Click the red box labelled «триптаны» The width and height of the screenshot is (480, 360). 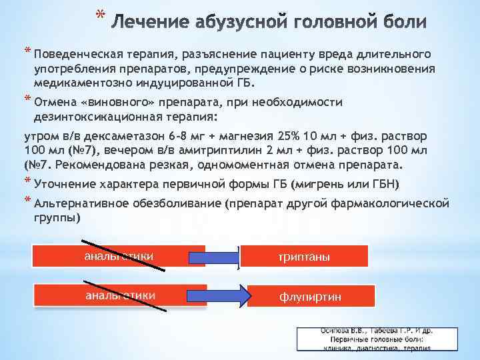click(303, 257)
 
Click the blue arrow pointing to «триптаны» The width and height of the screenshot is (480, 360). click(213, 257)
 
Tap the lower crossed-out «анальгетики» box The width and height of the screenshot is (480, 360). click(120, 295)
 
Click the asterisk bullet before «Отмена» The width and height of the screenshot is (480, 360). click(28, 101)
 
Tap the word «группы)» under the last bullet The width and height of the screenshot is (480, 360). click(57, 218)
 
